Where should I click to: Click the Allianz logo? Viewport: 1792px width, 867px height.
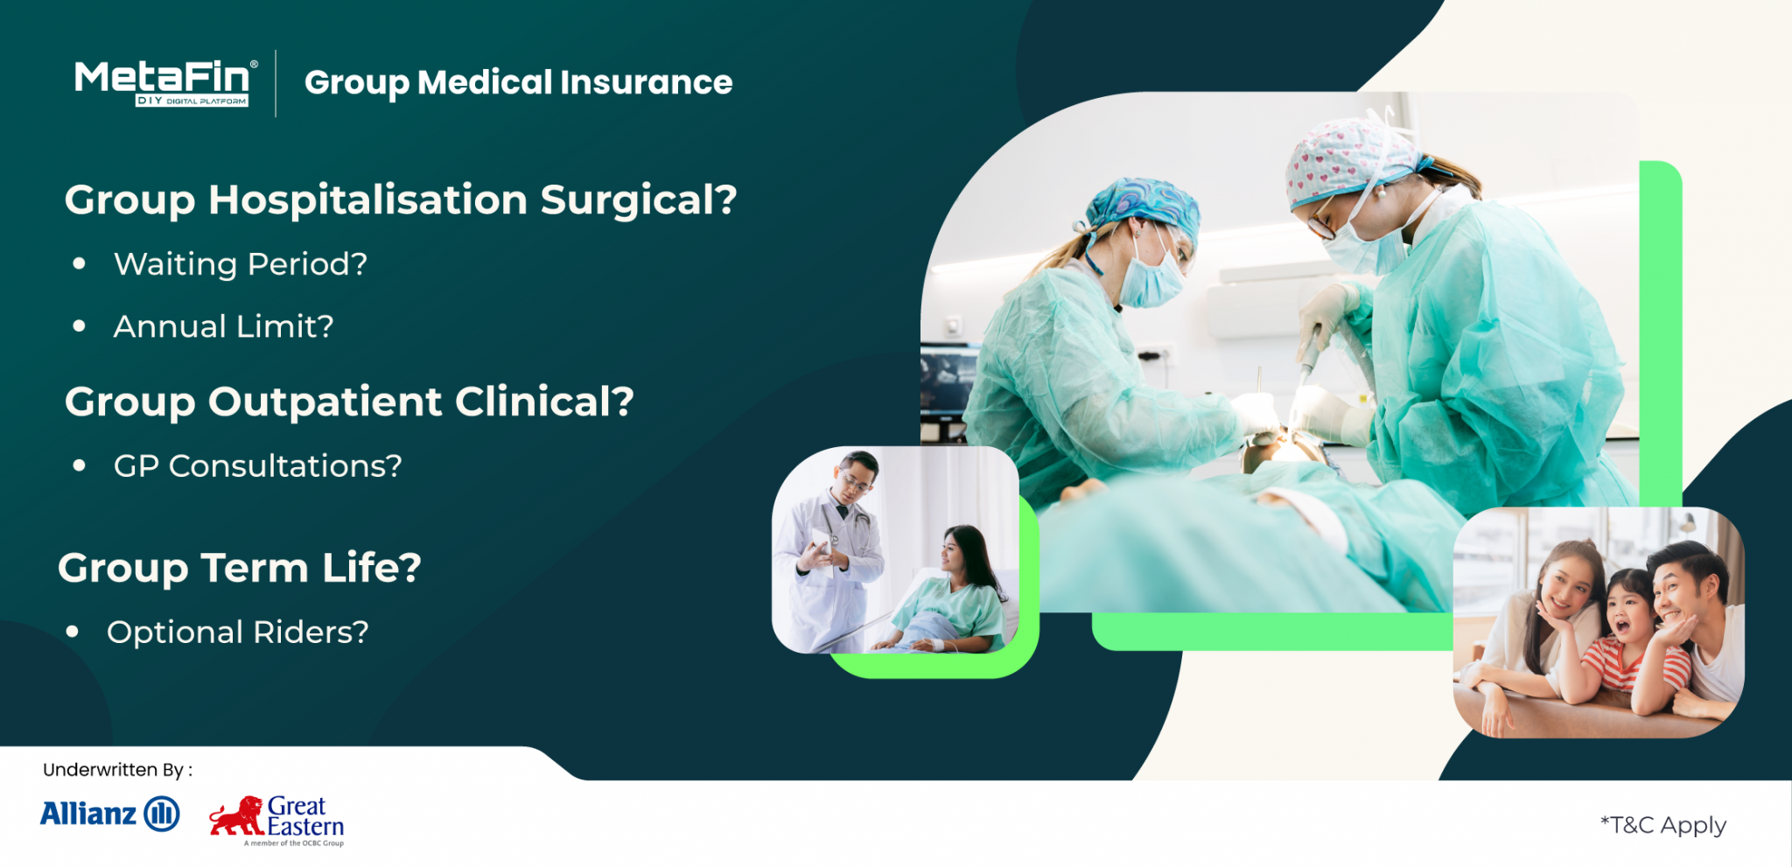click(109, 814)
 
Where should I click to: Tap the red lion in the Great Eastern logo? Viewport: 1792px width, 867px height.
click(236, 815)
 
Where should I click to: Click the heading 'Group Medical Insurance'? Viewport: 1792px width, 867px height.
click(518, 82)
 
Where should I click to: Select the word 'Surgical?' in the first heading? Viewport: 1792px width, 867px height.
click(638, 199)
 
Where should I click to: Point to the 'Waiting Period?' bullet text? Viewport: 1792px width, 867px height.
click(241, 263)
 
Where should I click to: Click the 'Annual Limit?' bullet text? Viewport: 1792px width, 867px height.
click(224, 326)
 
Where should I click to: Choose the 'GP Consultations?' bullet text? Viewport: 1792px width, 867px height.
click(258, 465)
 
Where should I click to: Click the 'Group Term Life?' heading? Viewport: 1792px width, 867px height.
click(240, 567)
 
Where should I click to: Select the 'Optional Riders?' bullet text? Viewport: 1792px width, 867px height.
click(238, 632)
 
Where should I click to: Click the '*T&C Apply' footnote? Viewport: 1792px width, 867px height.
click(1662, 825)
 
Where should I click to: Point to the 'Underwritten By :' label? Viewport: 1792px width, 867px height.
click(117, 770)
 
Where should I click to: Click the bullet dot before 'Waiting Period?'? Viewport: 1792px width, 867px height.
click(80, 263)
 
